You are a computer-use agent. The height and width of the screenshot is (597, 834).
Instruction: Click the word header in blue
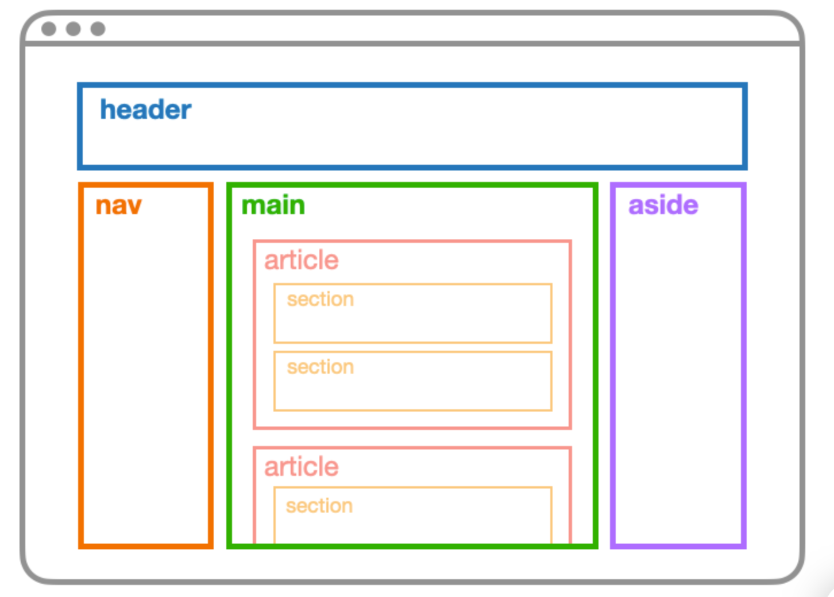coord(145,110)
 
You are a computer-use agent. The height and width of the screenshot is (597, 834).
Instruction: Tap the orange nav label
coord(118,206)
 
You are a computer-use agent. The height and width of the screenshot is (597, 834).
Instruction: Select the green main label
coord(273,205)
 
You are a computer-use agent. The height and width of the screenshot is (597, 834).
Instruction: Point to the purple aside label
coord(663,205)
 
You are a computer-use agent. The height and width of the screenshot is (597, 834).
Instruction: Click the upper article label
coord(301,260)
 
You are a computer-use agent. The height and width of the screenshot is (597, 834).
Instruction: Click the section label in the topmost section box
coord(320,299)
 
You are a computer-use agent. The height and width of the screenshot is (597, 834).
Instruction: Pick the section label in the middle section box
coord(320,367)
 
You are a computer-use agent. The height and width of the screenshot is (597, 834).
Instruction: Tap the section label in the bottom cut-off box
coord(319,506)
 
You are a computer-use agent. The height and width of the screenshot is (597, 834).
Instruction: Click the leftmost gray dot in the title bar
coord(49,29)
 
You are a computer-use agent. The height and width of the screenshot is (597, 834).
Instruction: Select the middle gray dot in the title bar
coord(74,29)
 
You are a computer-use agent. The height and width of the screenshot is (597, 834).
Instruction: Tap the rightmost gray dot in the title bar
coord(98,29)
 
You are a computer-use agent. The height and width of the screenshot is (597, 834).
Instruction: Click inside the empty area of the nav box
coord(146,372)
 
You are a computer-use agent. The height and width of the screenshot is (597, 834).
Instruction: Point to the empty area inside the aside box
coord(678,372)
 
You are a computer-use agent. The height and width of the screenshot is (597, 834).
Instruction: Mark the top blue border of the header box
coord(412,85)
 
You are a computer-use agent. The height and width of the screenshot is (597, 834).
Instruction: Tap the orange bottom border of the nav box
coord(146,546)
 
